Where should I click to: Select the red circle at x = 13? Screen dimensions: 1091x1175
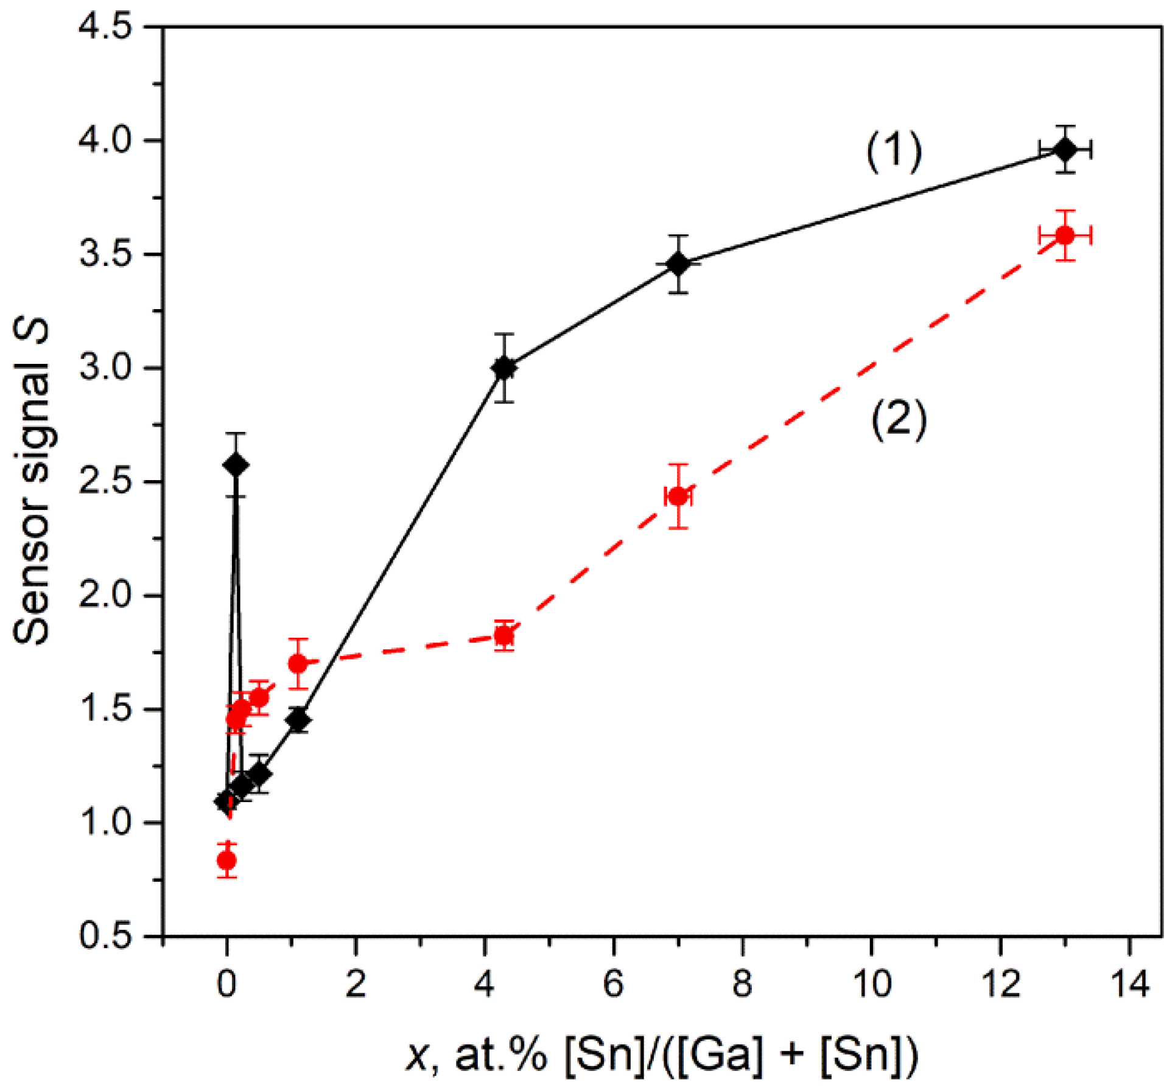click(x=1065, y=235)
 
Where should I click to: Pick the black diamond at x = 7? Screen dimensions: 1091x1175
click(x=678, y=264)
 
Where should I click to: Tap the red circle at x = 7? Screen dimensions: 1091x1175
click(x=678, y=497)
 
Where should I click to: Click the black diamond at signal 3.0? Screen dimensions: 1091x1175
click(x=504, y=368)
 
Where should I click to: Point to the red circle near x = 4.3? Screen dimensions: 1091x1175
click(x=504, y=636)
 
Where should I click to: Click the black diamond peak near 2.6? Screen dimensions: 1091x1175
click(x=236, y=465)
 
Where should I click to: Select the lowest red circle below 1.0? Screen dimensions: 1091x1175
click(x=226, y=860)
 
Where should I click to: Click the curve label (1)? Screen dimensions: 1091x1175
click(x=894, y=152)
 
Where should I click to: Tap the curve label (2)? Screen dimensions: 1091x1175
click(x=899, y=420)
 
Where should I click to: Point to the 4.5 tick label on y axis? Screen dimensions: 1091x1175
click(x=105, y=27)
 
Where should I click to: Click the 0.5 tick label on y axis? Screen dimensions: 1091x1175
click(x=105, y=936)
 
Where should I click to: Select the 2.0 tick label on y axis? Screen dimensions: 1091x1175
click(x=105, y=596)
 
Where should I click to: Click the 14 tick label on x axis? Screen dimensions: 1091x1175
click(x=1130, y=984)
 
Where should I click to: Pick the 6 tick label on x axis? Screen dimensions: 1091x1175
click(x=614, y=984)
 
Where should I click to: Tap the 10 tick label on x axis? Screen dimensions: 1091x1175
click(x=872, y=984)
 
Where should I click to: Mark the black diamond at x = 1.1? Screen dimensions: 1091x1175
click(x=298, y=720)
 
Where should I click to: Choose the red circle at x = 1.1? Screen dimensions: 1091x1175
click(x=298, y=663)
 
